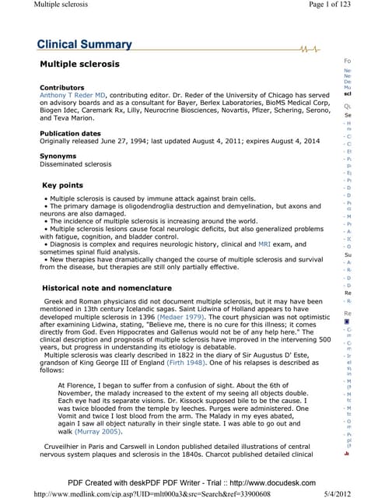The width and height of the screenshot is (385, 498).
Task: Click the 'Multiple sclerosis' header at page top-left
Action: [37, 6]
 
